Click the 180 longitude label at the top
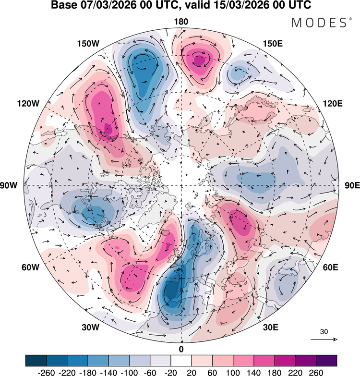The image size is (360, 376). coord(181,21)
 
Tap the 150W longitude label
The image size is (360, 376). coord(88,44)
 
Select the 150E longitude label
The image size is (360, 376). coord(274,44)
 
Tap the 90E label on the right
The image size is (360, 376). coord(349,185)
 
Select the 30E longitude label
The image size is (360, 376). coord(271,327)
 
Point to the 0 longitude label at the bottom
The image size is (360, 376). coord(181,349)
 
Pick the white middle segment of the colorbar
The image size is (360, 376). coord(181,360)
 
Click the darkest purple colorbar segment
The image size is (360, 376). coord(326,360)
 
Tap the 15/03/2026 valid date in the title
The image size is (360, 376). coord(237,6)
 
